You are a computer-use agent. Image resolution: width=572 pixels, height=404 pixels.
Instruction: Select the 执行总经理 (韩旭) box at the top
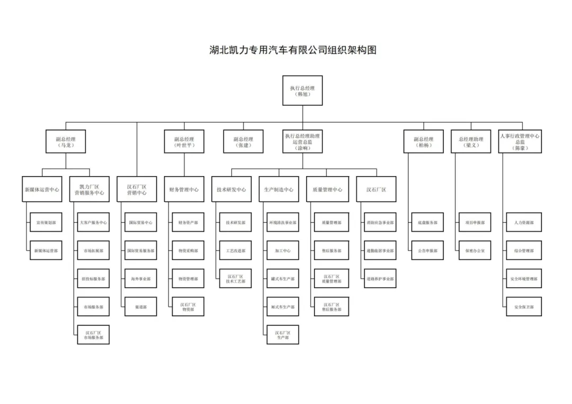coord(302,90)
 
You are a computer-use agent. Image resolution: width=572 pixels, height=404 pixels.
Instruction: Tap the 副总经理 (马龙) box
coord(65,142)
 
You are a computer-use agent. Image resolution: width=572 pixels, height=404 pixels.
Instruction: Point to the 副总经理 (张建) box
coord(243,142)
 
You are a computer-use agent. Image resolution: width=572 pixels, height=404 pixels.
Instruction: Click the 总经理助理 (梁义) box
coord(471,142)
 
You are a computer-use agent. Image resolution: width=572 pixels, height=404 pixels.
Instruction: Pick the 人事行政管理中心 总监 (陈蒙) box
coord(520,142)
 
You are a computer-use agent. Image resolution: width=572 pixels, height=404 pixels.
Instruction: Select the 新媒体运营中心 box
coord(42,189)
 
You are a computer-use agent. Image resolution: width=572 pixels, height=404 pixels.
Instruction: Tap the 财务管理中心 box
coord(184,189)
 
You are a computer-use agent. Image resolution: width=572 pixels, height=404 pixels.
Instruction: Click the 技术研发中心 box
coord(231,189)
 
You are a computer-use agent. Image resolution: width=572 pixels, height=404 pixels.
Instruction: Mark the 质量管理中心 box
coord(327,189)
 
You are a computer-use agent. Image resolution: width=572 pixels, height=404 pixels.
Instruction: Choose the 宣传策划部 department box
coord(46,223)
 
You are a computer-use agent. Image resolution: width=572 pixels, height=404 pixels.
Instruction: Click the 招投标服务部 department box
coord(93,279)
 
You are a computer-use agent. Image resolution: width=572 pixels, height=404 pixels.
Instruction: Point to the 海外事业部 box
coord(140,279)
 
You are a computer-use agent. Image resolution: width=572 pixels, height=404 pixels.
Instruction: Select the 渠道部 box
coord(140,307)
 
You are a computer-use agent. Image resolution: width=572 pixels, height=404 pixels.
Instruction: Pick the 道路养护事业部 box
coord(379,279)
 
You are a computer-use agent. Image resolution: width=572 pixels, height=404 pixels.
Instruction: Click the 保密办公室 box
coord(475,251)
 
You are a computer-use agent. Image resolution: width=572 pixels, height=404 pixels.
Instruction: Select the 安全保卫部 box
coord(523,307)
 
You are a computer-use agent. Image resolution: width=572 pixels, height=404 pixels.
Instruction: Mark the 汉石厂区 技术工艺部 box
coord(235,279)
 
